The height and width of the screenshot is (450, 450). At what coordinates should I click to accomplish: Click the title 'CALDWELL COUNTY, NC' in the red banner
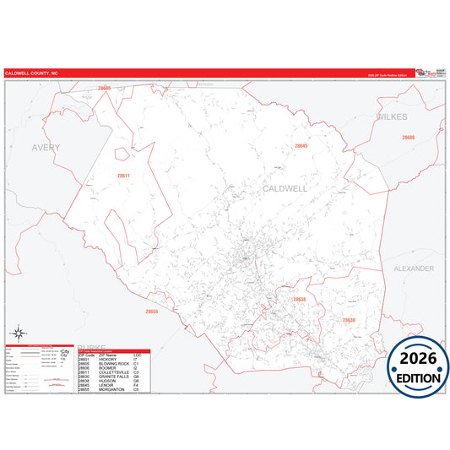click(32, 73)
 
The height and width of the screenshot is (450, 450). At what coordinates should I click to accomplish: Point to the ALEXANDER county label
click(413, 268)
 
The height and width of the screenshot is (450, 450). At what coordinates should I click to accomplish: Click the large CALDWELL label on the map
click(285, 189)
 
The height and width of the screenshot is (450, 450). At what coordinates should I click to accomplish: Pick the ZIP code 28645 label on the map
click(301, 146)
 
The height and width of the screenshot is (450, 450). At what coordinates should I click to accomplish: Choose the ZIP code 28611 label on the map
click(124, 176)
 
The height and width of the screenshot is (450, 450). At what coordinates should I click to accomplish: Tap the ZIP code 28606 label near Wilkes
click(409, 137)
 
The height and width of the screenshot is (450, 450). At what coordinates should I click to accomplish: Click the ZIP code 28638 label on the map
click(300, 300)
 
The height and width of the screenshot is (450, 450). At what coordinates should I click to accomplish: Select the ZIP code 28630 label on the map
click(349, 320)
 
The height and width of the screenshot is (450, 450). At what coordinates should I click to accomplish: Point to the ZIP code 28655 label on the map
click(151, 312)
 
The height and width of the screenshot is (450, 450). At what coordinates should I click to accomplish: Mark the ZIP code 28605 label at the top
click(104, 88)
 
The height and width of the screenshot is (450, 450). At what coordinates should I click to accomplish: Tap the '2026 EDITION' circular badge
click(419, 363)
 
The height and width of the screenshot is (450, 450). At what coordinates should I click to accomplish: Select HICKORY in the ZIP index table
click(108, 359)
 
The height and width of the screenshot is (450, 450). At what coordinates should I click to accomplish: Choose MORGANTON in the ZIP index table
click(111, 389)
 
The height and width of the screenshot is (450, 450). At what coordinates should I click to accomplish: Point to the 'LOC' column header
click(138, 355)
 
